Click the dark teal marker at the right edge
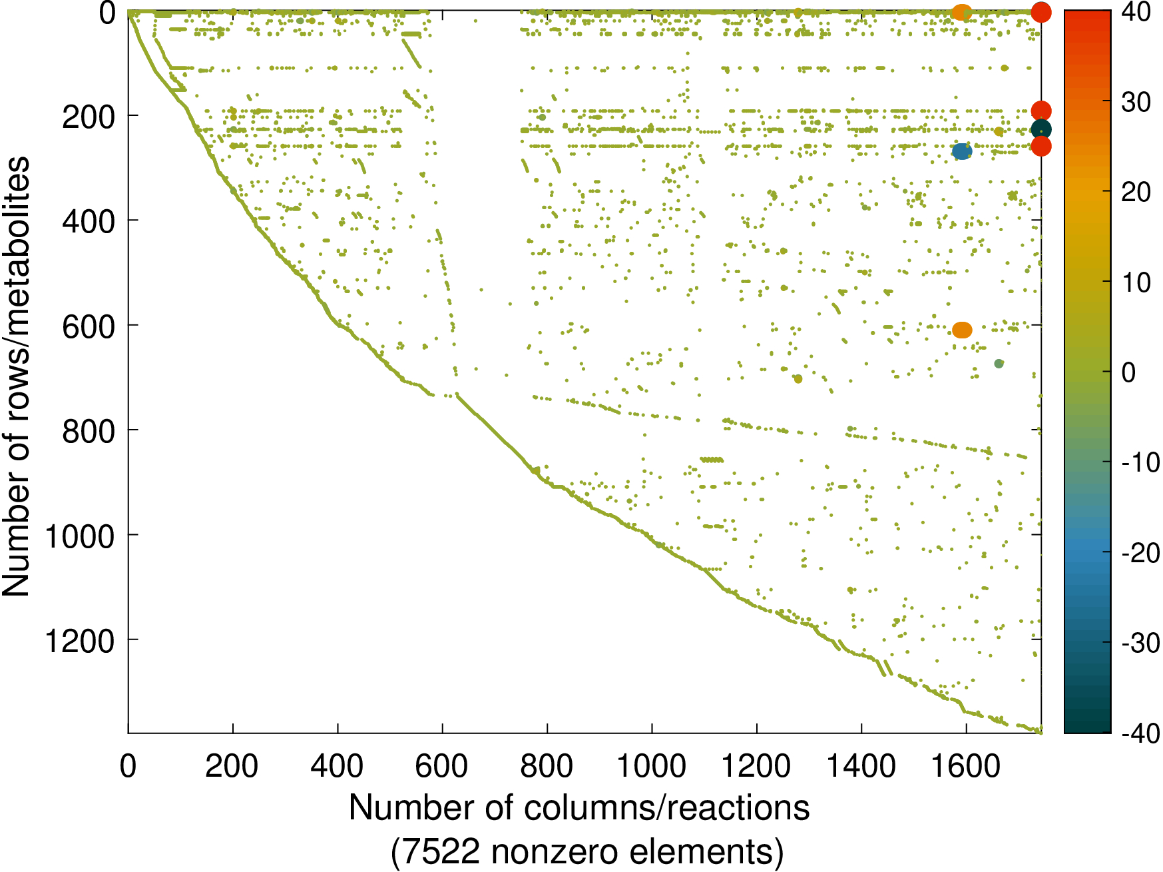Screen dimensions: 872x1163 [1041, 129]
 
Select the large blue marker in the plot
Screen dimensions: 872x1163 [961, 152]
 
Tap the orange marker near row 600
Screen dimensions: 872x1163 [962, 330]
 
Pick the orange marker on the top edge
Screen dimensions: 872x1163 [961, 12]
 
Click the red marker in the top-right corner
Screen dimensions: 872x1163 [1041, 12]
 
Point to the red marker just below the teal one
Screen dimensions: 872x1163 [1041, 147]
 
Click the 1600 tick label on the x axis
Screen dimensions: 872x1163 [966, 767]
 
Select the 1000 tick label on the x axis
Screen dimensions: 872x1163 [652, 767]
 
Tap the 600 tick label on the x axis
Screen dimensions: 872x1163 [442, 767]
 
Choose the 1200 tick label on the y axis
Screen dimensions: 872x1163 [80, 641]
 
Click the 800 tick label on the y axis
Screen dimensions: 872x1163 [89, 431]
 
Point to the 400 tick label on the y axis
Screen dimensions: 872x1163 [89, 221]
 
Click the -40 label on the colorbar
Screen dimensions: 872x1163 [1140, 733]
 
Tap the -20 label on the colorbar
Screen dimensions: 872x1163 [1140, 553]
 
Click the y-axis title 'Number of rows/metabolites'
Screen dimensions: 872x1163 [16, 376]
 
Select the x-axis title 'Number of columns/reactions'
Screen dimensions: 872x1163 [579, 808]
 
